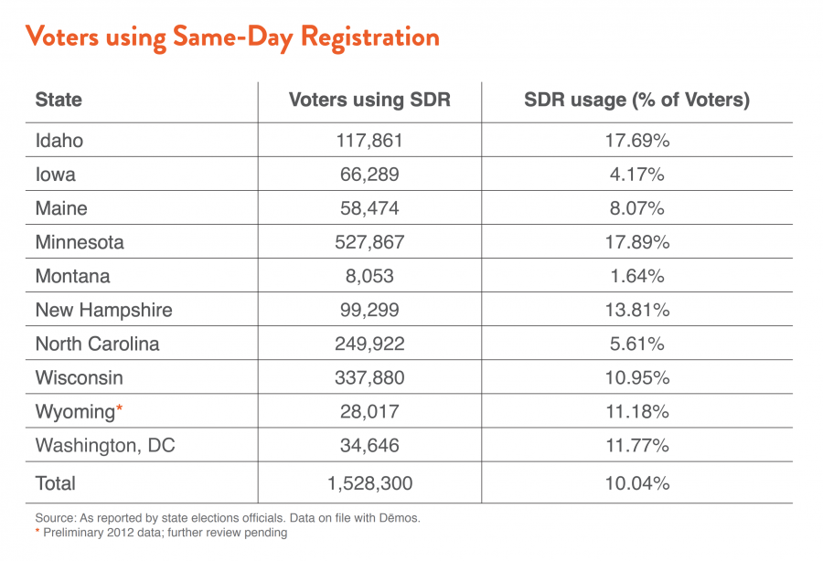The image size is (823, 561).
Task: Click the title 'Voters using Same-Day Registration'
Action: click(x=231, y=37)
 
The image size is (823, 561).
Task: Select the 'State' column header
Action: click(x=59, y=101)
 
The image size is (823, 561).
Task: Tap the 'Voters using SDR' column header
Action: click(x=369, y=101)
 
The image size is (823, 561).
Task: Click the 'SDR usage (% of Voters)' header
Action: click(x=636, y=101)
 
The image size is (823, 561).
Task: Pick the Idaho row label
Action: click(x=59, y=141)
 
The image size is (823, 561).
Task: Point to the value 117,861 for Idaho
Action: click(x=369, y=141)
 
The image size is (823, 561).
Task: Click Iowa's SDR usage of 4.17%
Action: click(x=636, y=175)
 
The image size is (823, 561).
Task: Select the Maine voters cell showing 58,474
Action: click(x=369, y=208)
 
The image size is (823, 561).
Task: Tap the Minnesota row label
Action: click(x=80, y=242)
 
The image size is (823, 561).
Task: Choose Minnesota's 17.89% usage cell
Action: click(x=636, y=242)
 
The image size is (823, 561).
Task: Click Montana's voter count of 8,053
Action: click(x=369, y=276)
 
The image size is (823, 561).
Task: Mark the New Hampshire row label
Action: click(x=103, y=310)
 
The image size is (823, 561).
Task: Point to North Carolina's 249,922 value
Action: click(x=369, y=344)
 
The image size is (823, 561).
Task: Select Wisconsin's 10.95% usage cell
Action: click(x=636, y=377)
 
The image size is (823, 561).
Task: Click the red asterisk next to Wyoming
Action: click(x=118, y=408)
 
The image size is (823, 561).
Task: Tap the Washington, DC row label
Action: click(x=105, y=446)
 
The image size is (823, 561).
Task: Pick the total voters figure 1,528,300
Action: click(x=369, y=483)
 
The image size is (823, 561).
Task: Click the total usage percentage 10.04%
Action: click(x=636, y=483)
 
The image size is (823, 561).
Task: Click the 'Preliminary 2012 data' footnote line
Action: click(x=166, y=533)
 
